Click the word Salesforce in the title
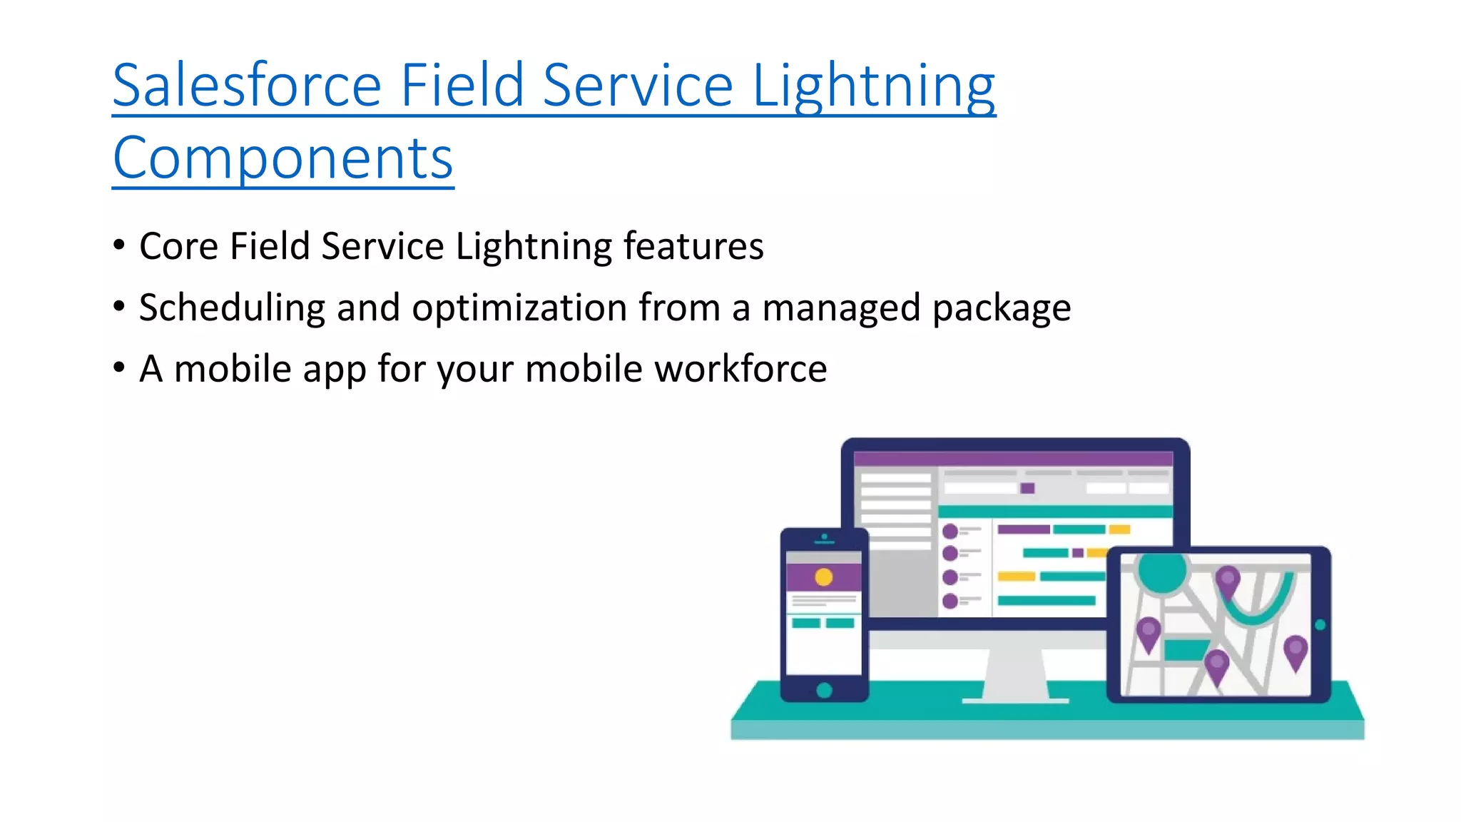247,86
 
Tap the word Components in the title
282,158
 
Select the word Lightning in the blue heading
873,86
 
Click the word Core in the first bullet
178,246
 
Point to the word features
693,246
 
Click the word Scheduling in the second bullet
232,308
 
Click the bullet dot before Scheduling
119,307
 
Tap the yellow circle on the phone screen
823,577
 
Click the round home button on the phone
824,690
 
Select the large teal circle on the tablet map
1161,571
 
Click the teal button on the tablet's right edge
1320,625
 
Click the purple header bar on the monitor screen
1013,458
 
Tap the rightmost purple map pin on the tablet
1295,651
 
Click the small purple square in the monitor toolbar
1027,488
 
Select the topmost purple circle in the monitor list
950,531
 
